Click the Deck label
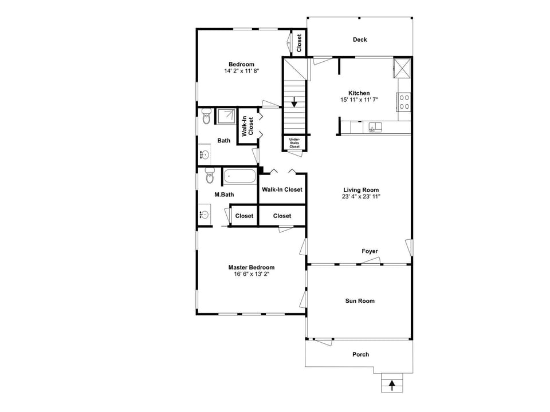coord(360,39)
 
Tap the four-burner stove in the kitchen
coord(404,102)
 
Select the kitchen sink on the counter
coord(375,126)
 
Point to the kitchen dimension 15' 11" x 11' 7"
coord(359,100)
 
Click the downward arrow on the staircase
coord(294,104)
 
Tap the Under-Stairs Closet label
coord(294,143)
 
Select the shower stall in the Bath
coord(226,116)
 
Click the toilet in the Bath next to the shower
coord(206,118)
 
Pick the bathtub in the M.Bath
coord(239,177)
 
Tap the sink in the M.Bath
coord(204,215)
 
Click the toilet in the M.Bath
coord(209,177)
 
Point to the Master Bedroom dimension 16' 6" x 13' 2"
coord(251,274)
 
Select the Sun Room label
coord(360,301)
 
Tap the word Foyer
coord(370,251)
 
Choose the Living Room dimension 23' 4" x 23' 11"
coord(361,197)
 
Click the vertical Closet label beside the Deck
coord(299,43)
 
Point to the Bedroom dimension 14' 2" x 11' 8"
coord(241,71)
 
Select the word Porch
coord(360,354)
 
